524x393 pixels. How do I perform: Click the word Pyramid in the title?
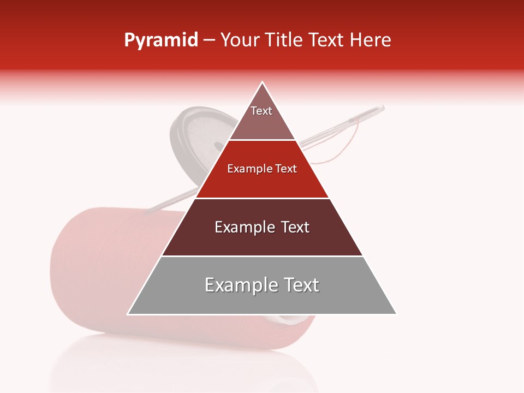tap(160, 40)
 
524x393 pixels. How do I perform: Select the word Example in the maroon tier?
tap(243, 227)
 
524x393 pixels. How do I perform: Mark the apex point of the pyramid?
tap(262, 82)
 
